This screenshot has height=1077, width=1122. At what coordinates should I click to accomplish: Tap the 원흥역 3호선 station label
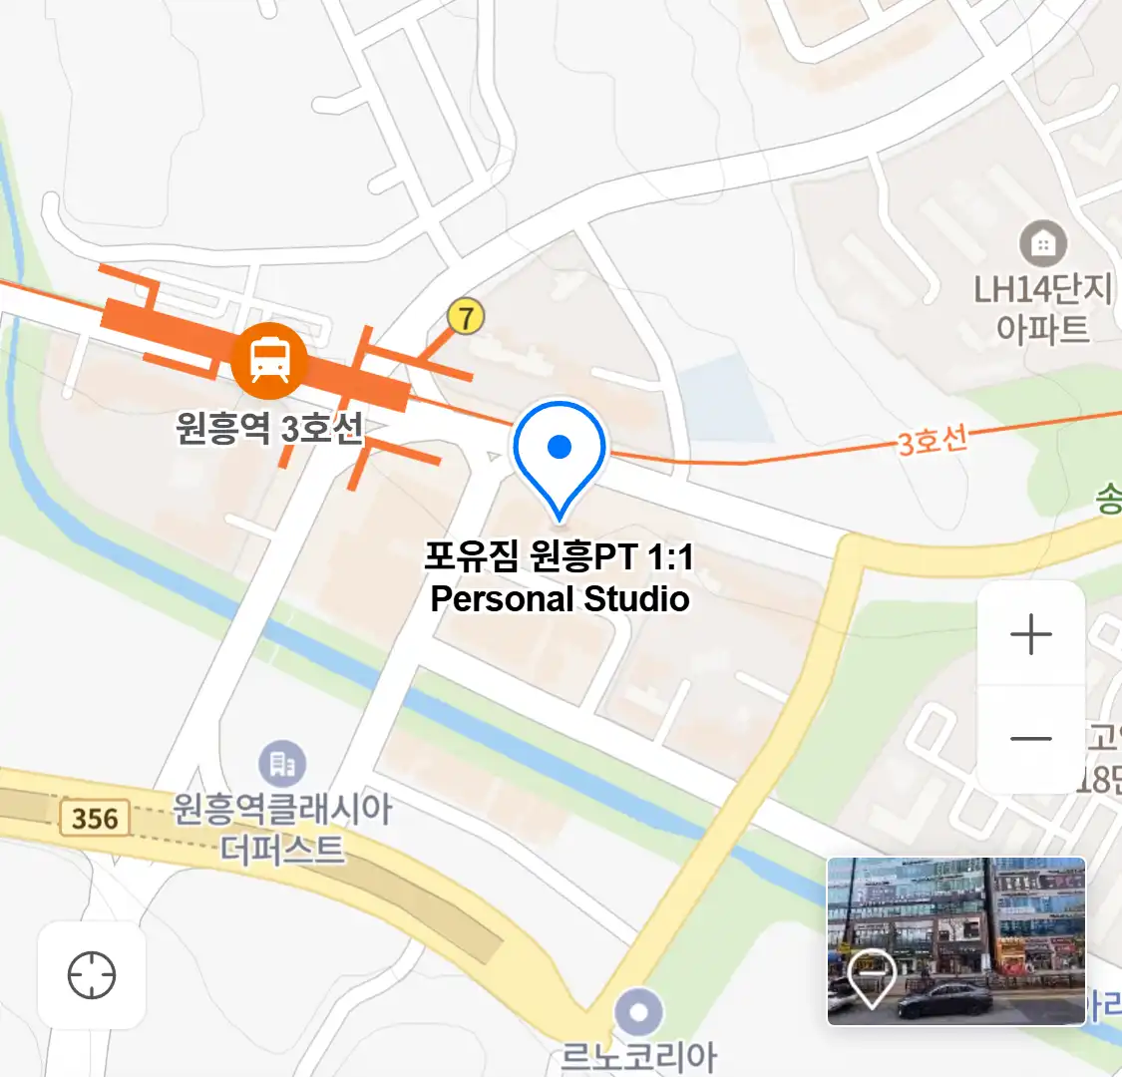tap(269, 429)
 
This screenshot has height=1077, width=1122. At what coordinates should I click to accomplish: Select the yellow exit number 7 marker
tap(465, 316)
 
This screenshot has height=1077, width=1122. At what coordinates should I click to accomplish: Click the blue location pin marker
tap(560, 455)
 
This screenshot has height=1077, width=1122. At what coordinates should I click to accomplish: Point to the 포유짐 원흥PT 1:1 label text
tap(559, 555)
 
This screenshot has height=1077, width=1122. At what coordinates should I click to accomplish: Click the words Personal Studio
tap(560, 599)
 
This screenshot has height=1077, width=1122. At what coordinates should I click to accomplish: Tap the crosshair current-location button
tap(92, 974)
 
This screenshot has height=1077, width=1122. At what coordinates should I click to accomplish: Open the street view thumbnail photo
tap(955, 940)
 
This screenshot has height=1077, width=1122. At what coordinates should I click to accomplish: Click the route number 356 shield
tap(95, 819)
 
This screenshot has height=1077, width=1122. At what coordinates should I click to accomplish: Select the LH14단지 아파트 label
tap(1041, 308)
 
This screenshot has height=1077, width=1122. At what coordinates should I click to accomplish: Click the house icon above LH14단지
tap(1043, 243)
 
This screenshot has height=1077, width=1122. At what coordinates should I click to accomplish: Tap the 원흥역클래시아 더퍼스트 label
tap(283, 829)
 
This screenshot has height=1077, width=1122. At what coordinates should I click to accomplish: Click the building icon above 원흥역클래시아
tap(282, 765)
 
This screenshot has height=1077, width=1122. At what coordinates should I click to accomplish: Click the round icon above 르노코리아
tap(638, 1013)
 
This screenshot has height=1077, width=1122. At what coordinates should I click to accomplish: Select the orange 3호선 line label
tap(933, 440)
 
